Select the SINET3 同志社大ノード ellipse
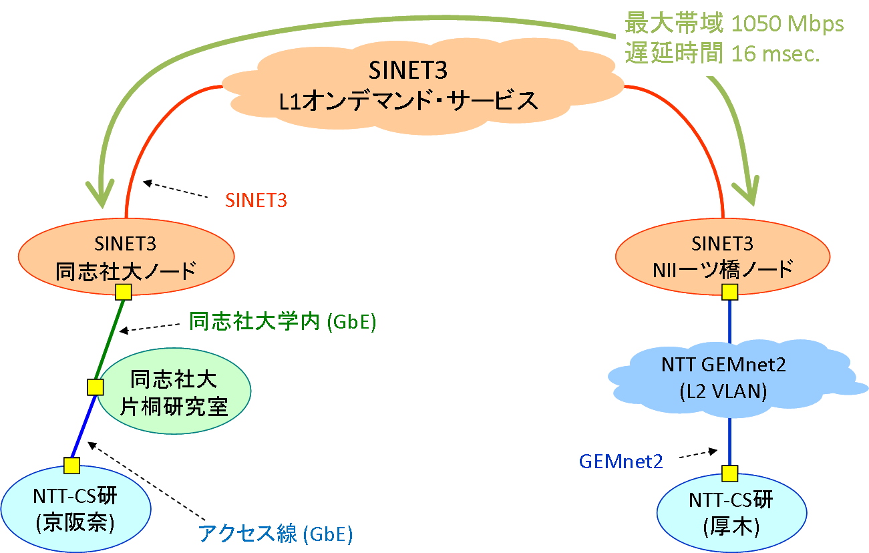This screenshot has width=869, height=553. [126, 256]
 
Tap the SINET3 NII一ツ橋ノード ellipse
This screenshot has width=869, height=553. [723, 256]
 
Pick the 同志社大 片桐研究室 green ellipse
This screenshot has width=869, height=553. [174, 391]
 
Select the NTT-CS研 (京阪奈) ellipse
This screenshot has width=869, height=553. [75, 509]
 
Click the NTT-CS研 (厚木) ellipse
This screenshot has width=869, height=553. [731, 513]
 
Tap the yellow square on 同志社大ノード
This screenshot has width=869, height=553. [124, 292]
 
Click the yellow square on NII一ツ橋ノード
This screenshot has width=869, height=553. [729, 292]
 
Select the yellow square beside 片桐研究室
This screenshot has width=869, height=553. [95, 387]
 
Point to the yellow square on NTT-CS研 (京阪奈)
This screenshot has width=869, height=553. [71, 466]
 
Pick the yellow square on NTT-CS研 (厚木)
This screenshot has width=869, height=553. [729, 474]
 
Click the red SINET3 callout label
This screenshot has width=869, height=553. [256, 200]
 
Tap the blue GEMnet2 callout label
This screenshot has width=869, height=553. [621, 462]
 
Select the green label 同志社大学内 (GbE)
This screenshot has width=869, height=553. [283, 321]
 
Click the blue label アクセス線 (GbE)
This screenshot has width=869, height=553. [275, 533]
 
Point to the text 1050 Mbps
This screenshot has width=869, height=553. [788, 24]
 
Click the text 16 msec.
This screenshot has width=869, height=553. [775, 53]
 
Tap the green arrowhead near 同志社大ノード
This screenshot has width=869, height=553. [100, 193]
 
